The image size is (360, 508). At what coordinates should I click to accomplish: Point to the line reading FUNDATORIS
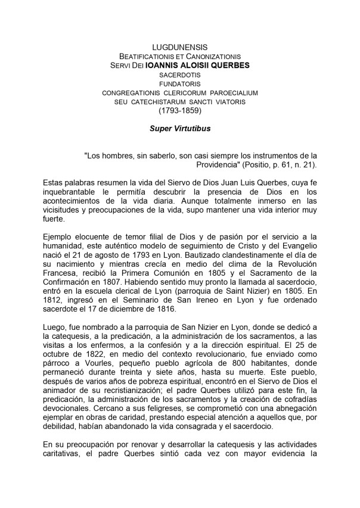(179, 85)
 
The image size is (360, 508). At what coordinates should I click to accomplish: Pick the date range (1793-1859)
(179, 111)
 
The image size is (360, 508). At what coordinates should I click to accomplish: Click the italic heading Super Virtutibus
(179, 128)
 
